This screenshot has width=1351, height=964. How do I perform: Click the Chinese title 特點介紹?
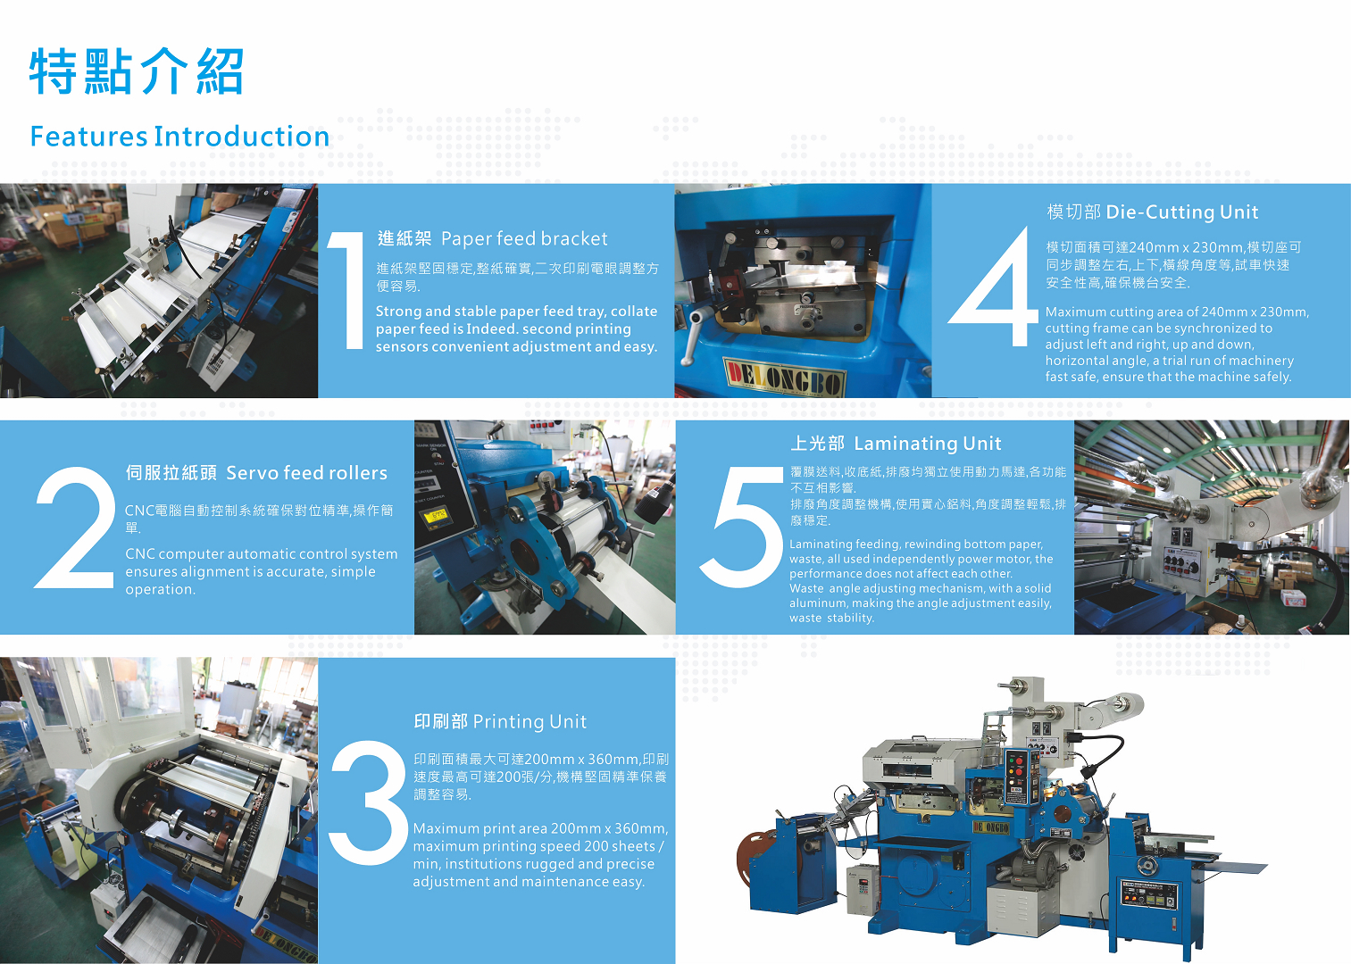pyautogui.click(x=137, y=71)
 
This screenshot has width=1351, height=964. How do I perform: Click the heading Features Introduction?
pyautogui.click(x=179, y=137)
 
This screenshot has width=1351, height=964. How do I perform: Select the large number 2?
pyautogui.click(x=73, y=528)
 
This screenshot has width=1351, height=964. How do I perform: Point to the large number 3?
pyautogui.click(x=368, y=802)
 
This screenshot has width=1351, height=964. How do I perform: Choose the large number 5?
pyautogui.click(x=742, y=528)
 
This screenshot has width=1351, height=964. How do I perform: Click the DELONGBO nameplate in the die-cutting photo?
pyautogui.click(x=784, y=378)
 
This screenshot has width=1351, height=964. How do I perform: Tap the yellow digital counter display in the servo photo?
pyautogui.click(x=435, y=516)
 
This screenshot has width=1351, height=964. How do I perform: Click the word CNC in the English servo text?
pyautogui.click(x=139, y=554)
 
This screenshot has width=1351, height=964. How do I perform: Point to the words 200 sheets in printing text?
pyautogui.click(x=619, y=846)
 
